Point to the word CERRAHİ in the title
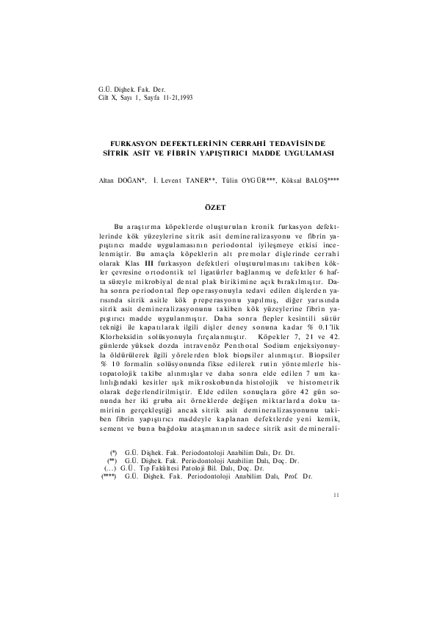tap(256, 140)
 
